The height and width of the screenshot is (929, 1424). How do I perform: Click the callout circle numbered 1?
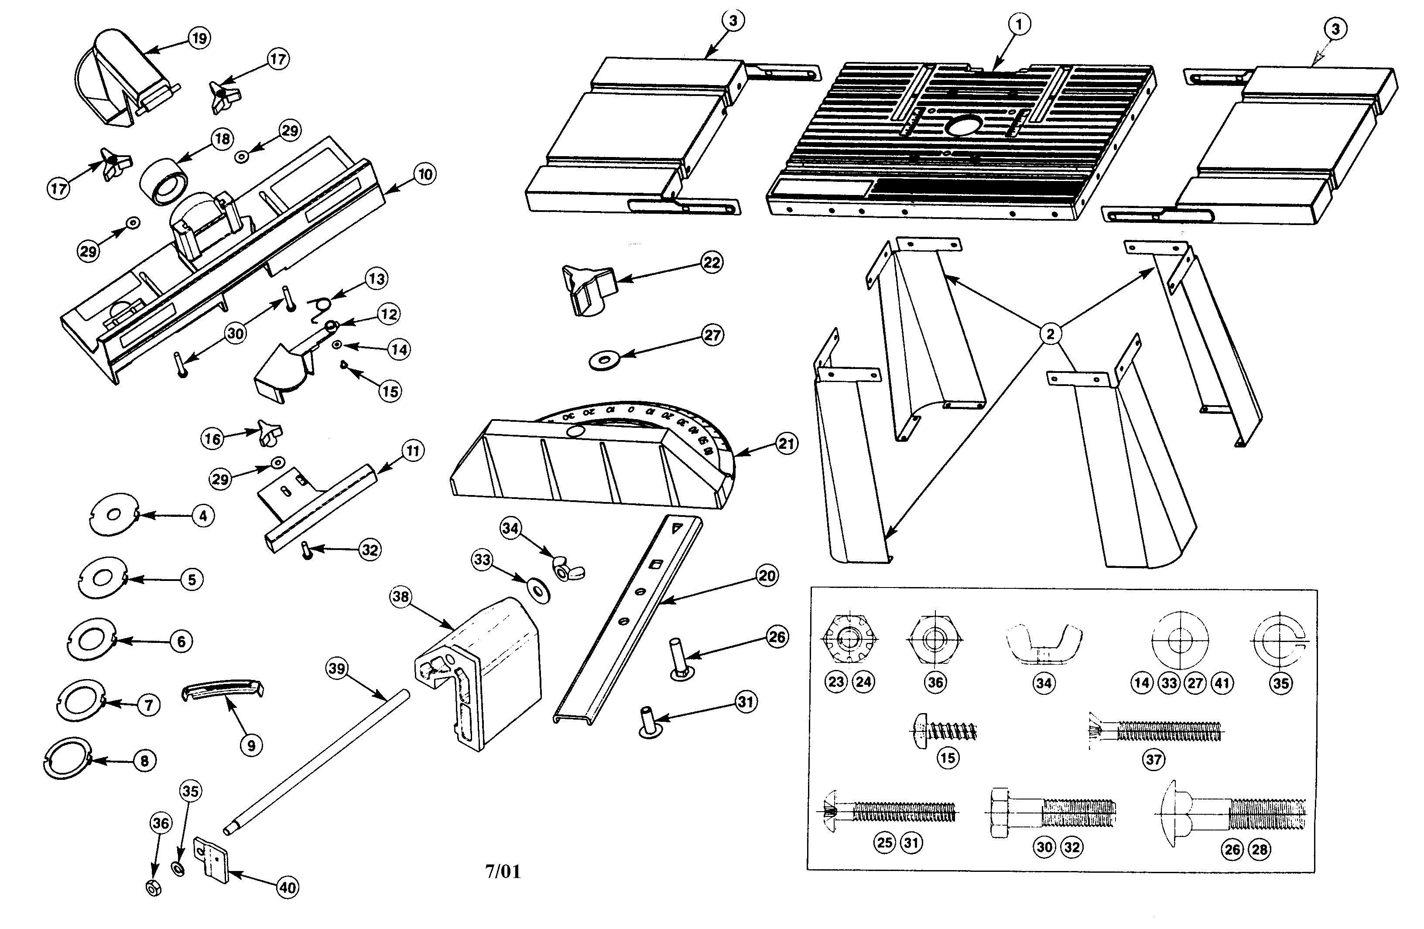click(1020, 24)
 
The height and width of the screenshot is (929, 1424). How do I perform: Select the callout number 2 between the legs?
click(1050, 334)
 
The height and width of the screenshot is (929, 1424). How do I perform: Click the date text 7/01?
click(503, 871)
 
